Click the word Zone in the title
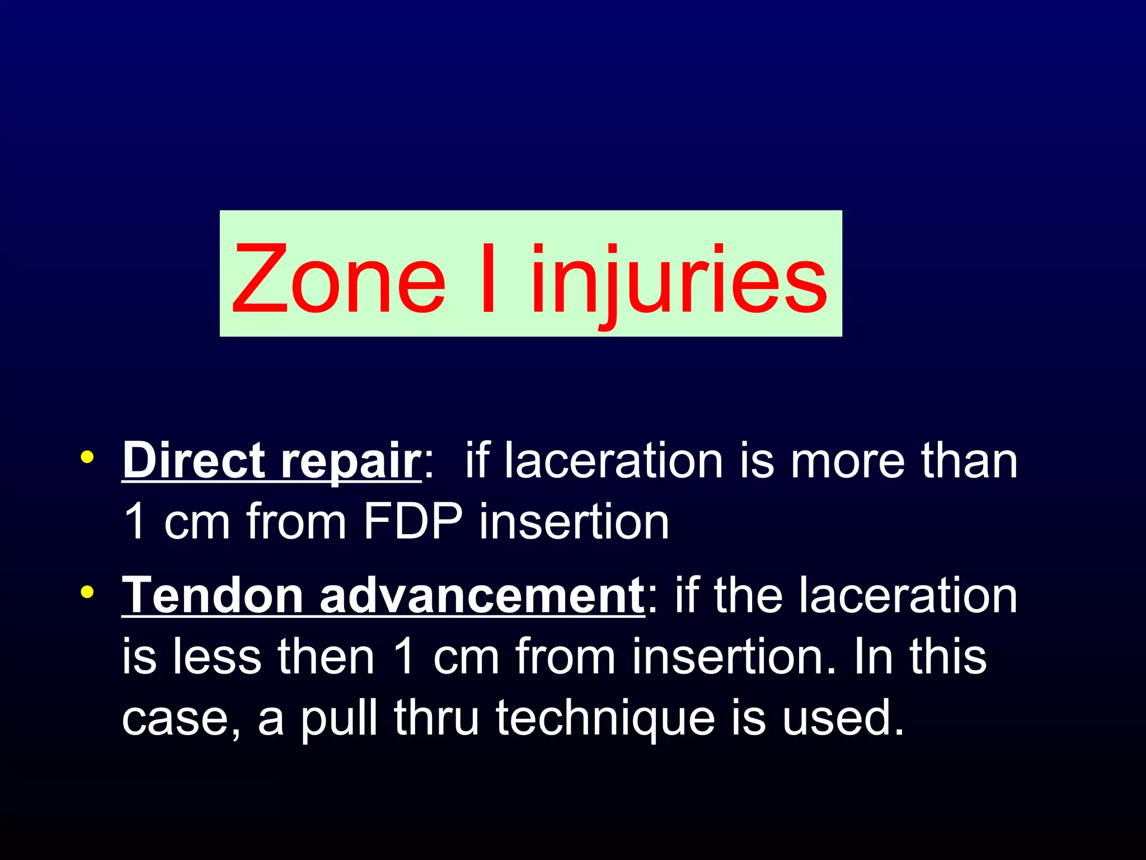click(339, 279)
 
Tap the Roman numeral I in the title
click(487, 279)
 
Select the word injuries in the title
click(678, 279)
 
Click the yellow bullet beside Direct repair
click(87, 457)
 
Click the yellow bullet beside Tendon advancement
click(87, 592)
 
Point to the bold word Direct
click(194, 460)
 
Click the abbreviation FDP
click(413, 521)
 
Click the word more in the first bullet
click(847, 461)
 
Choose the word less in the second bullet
click(217, 656)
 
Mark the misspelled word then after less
click(326, 656)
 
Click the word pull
click(339, 718)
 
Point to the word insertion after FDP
click(574, 521)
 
